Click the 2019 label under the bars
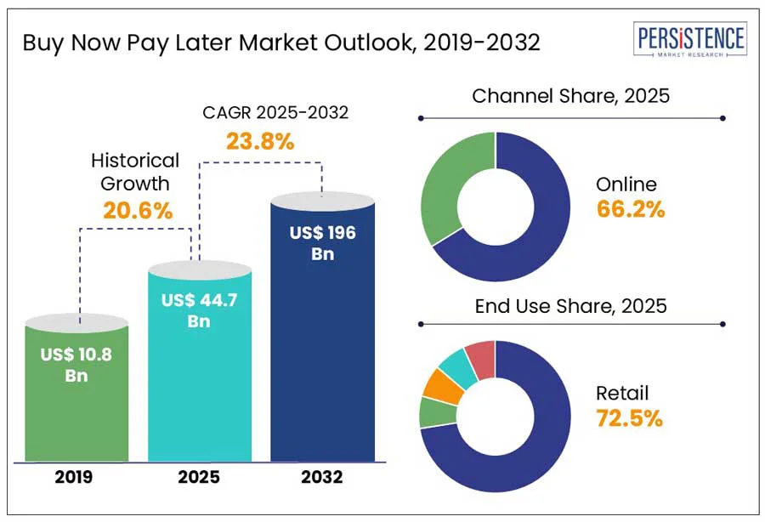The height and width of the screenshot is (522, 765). pyautogui.click(x=76, y=477)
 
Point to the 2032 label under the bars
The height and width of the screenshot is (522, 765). pyautogui.click(x=322, y=477)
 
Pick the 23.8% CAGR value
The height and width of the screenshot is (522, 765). pyautogui.click(x=259, y=142)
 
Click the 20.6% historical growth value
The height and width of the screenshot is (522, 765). pyautogui.click(x=138, y=210)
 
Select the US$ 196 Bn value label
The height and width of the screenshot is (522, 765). pyautogui.click(x=322, y=242)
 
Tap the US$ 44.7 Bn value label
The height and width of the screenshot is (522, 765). pyautogui.click(x=201, y=309)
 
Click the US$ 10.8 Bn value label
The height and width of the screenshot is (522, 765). pyautogui.click(x=76, y=364)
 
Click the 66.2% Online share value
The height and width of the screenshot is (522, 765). pyautogui.click(x=630, y=209)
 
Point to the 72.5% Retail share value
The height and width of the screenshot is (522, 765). pyautogui.click(x=629, y=418)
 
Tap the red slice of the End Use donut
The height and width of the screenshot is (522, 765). pyautogui.click(x=481, y=358)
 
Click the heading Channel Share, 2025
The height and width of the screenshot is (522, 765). pyautogui.click(x=570, y=95)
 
